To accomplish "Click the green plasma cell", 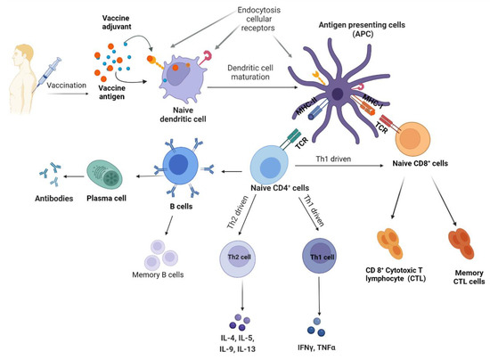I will [x=110, y=175].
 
